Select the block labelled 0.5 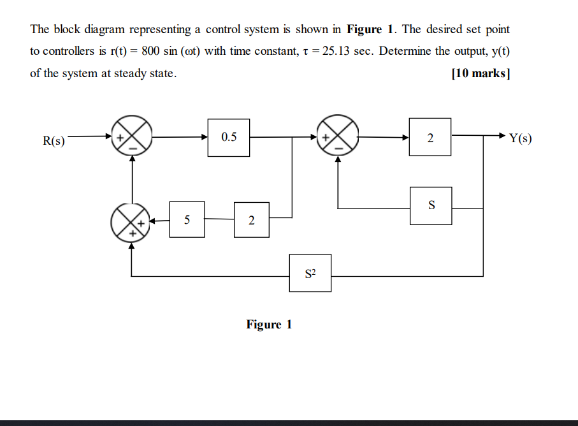point(229,137)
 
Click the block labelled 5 point(187,219)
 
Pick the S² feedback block point(310,273)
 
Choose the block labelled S point(431,206)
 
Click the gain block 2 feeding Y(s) point(430,137)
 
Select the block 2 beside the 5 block point(251,220)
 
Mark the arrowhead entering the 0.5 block point(204,136)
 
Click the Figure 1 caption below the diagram point(269,325)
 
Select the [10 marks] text point(480,73)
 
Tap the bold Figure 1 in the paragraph point(373,30)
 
